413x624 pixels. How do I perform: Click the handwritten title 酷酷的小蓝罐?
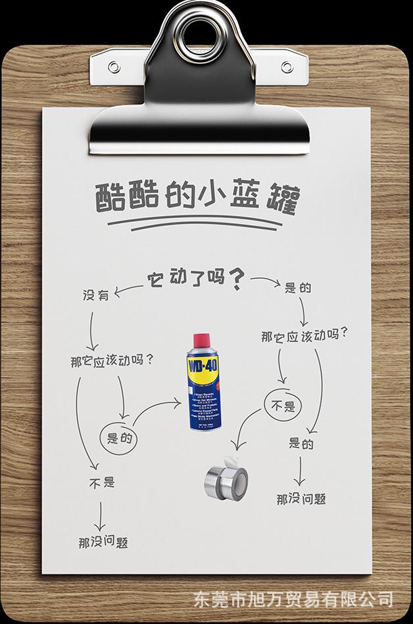coord(195,198)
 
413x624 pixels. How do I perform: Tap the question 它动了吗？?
coord(195,278)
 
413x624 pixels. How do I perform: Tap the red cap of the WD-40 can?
coord(203,343)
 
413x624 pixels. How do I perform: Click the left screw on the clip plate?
coord(113,67)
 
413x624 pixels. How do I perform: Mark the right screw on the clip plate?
coord(286,68)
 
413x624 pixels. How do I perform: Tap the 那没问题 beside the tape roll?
coord(301,498)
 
